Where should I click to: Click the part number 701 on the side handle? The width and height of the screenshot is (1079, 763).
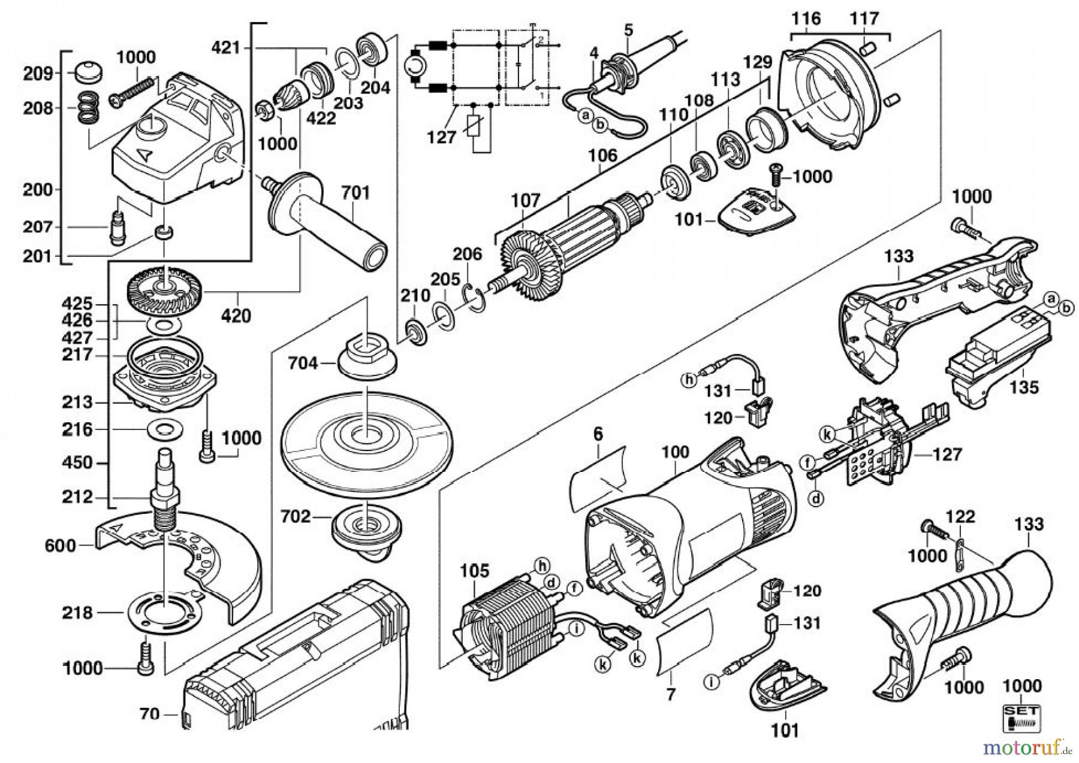pyautogui.click(x=355, y=193)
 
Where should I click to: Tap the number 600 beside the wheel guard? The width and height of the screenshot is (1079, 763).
pyautogui.click(x=61, y=546)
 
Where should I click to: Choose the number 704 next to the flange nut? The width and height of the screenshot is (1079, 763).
pyautogui.click(x=303, y=363)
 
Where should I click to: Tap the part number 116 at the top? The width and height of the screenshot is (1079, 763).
pyautogui.click(x=805, y=19)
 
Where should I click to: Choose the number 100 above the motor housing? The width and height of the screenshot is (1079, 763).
pyautogui.click(x=675, y=452)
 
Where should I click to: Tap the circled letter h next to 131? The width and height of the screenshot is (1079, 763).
pyautogui.click(x=689, y=379)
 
